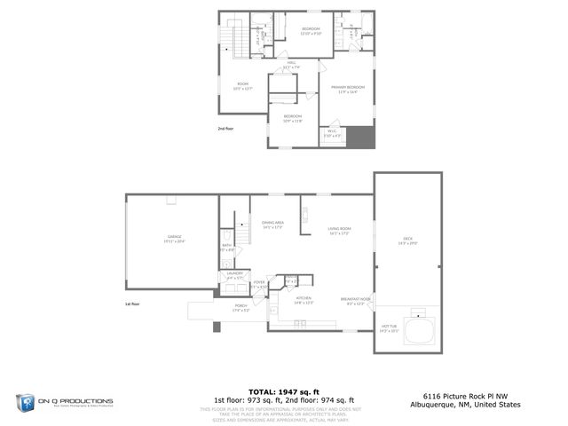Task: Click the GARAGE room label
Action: click(173, 238)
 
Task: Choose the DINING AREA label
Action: click(272, 224)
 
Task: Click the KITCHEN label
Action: click(304, 298)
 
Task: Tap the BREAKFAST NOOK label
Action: click(355, 300)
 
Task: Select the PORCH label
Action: click(241, 308)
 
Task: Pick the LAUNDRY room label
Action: click(234, 274)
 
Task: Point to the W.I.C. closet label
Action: click(332, 132)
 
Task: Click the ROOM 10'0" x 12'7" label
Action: click(242, 85)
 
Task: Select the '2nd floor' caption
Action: click(225, 129)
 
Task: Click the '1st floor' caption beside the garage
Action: click(133, 304)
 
